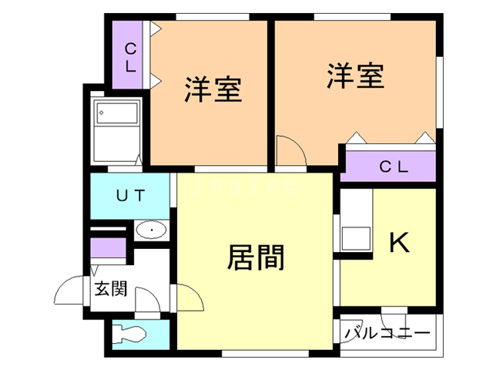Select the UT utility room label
pyautogui.click(x=130, y=196)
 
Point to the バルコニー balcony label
pyautogui.click(x=387, y=334)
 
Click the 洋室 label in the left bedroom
pyautogui.click(x=213, y=89)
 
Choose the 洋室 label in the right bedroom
pyautogui.click(x=355, y=76)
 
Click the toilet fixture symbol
pyautogui.click(x=130, y=334)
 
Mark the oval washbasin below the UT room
pyautogui.click(x=153, y=230)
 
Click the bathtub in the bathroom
pyautogui.click(x=116, y=115)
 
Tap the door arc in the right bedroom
pyautogui.click(x=291, y=150)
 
